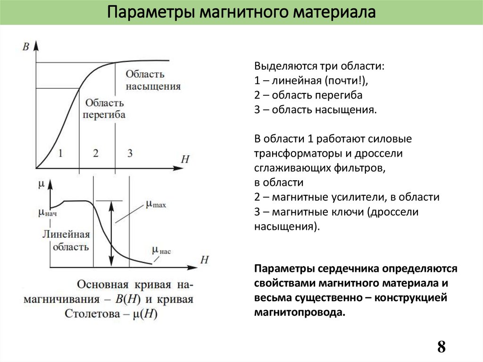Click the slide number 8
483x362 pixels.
coord(441,347)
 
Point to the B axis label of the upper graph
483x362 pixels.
coord(26,46)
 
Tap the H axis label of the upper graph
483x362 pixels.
coord(185,159)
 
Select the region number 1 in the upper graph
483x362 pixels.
coord(60,153)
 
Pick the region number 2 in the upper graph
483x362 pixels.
coord(96,153)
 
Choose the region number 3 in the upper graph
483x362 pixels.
coord(130,153)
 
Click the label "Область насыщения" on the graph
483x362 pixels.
coord(153,80)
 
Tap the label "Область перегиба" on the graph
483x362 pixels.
coord(104,109)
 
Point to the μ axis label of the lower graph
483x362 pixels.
coord(41,184)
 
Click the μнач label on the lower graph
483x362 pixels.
coord(48,213)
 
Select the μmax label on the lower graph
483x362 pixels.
coord(156,204)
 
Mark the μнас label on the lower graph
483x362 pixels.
coord(161,251)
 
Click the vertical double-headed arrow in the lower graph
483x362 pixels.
coord(111,234)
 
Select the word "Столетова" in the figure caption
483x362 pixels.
coord(99,314)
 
